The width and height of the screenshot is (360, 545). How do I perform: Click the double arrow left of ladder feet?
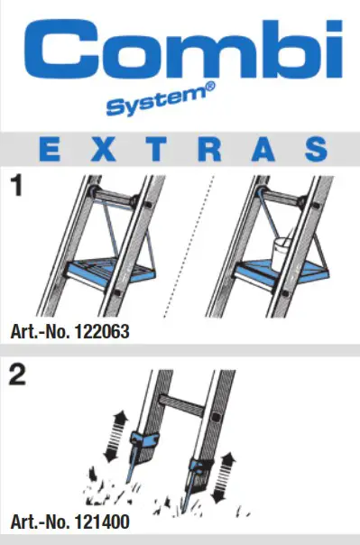114,431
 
